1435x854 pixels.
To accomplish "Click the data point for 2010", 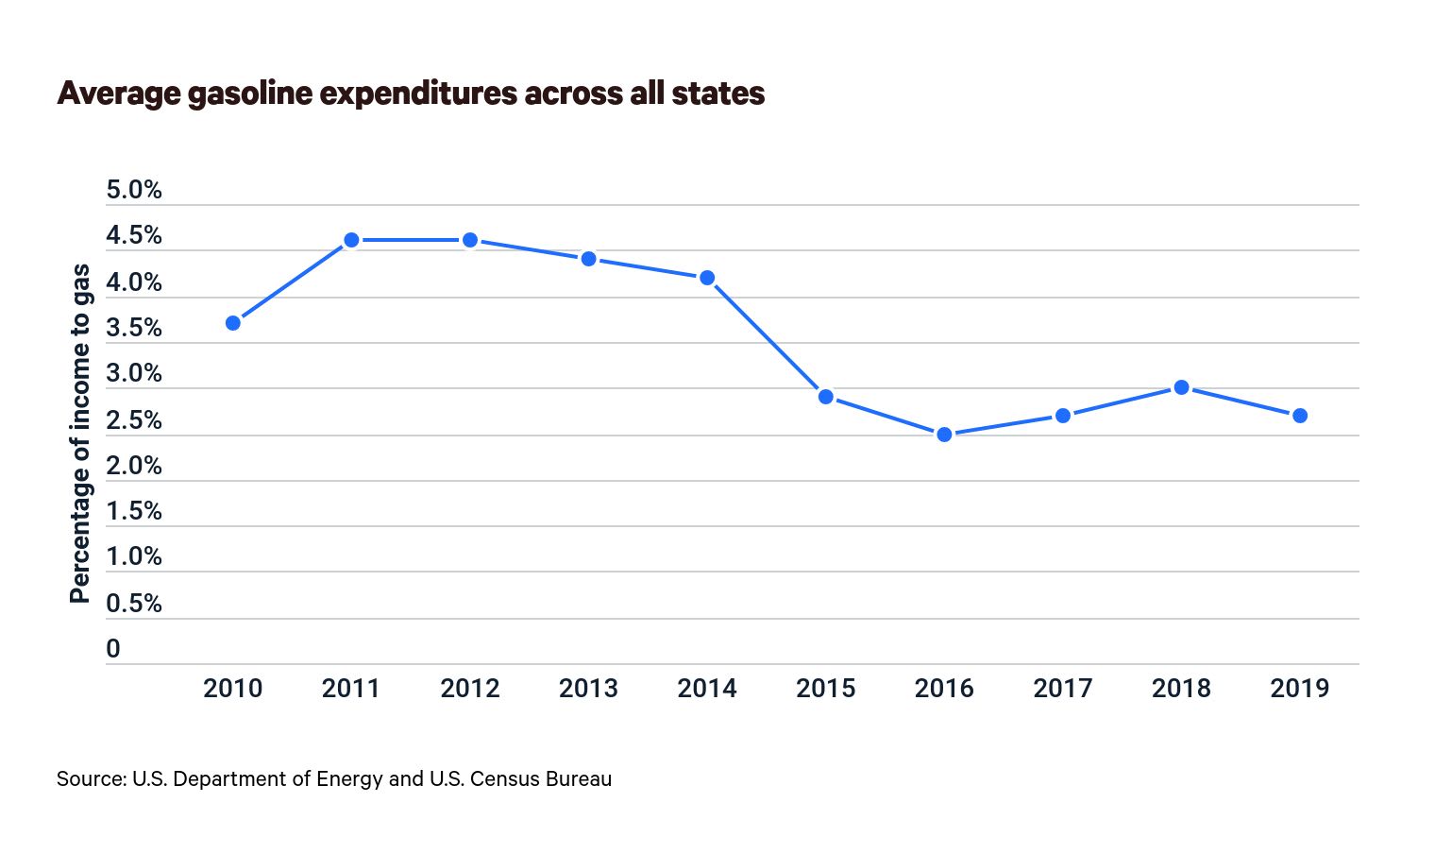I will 233,323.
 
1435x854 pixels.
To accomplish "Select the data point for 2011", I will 351,240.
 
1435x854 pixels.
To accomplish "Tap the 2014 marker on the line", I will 707,278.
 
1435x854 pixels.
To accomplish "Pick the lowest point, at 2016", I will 944,435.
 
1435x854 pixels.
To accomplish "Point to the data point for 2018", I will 1181,387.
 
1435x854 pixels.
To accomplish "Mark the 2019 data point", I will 1300,416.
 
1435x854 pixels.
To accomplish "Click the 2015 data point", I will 826,397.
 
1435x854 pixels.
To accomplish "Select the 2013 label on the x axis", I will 588,688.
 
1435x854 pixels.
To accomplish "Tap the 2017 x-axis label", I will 1062,688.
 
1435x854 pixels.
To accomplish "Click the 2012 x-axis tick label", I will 469,688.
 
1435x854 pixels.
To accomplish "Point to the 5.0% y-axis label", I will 134,190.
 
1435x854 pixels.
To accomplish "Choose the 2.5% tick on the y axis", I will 134,420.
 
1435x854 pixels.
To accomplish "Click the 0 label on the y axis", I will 113,649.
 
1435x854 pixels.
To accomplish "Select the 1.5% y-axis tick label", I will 134,511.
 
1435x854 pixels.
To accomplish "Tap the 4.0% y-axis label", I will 134,282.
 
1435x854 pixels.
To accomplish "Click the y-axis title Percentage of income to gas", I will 80,433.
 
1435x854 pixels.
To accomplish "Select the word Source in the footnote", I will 90,778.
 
